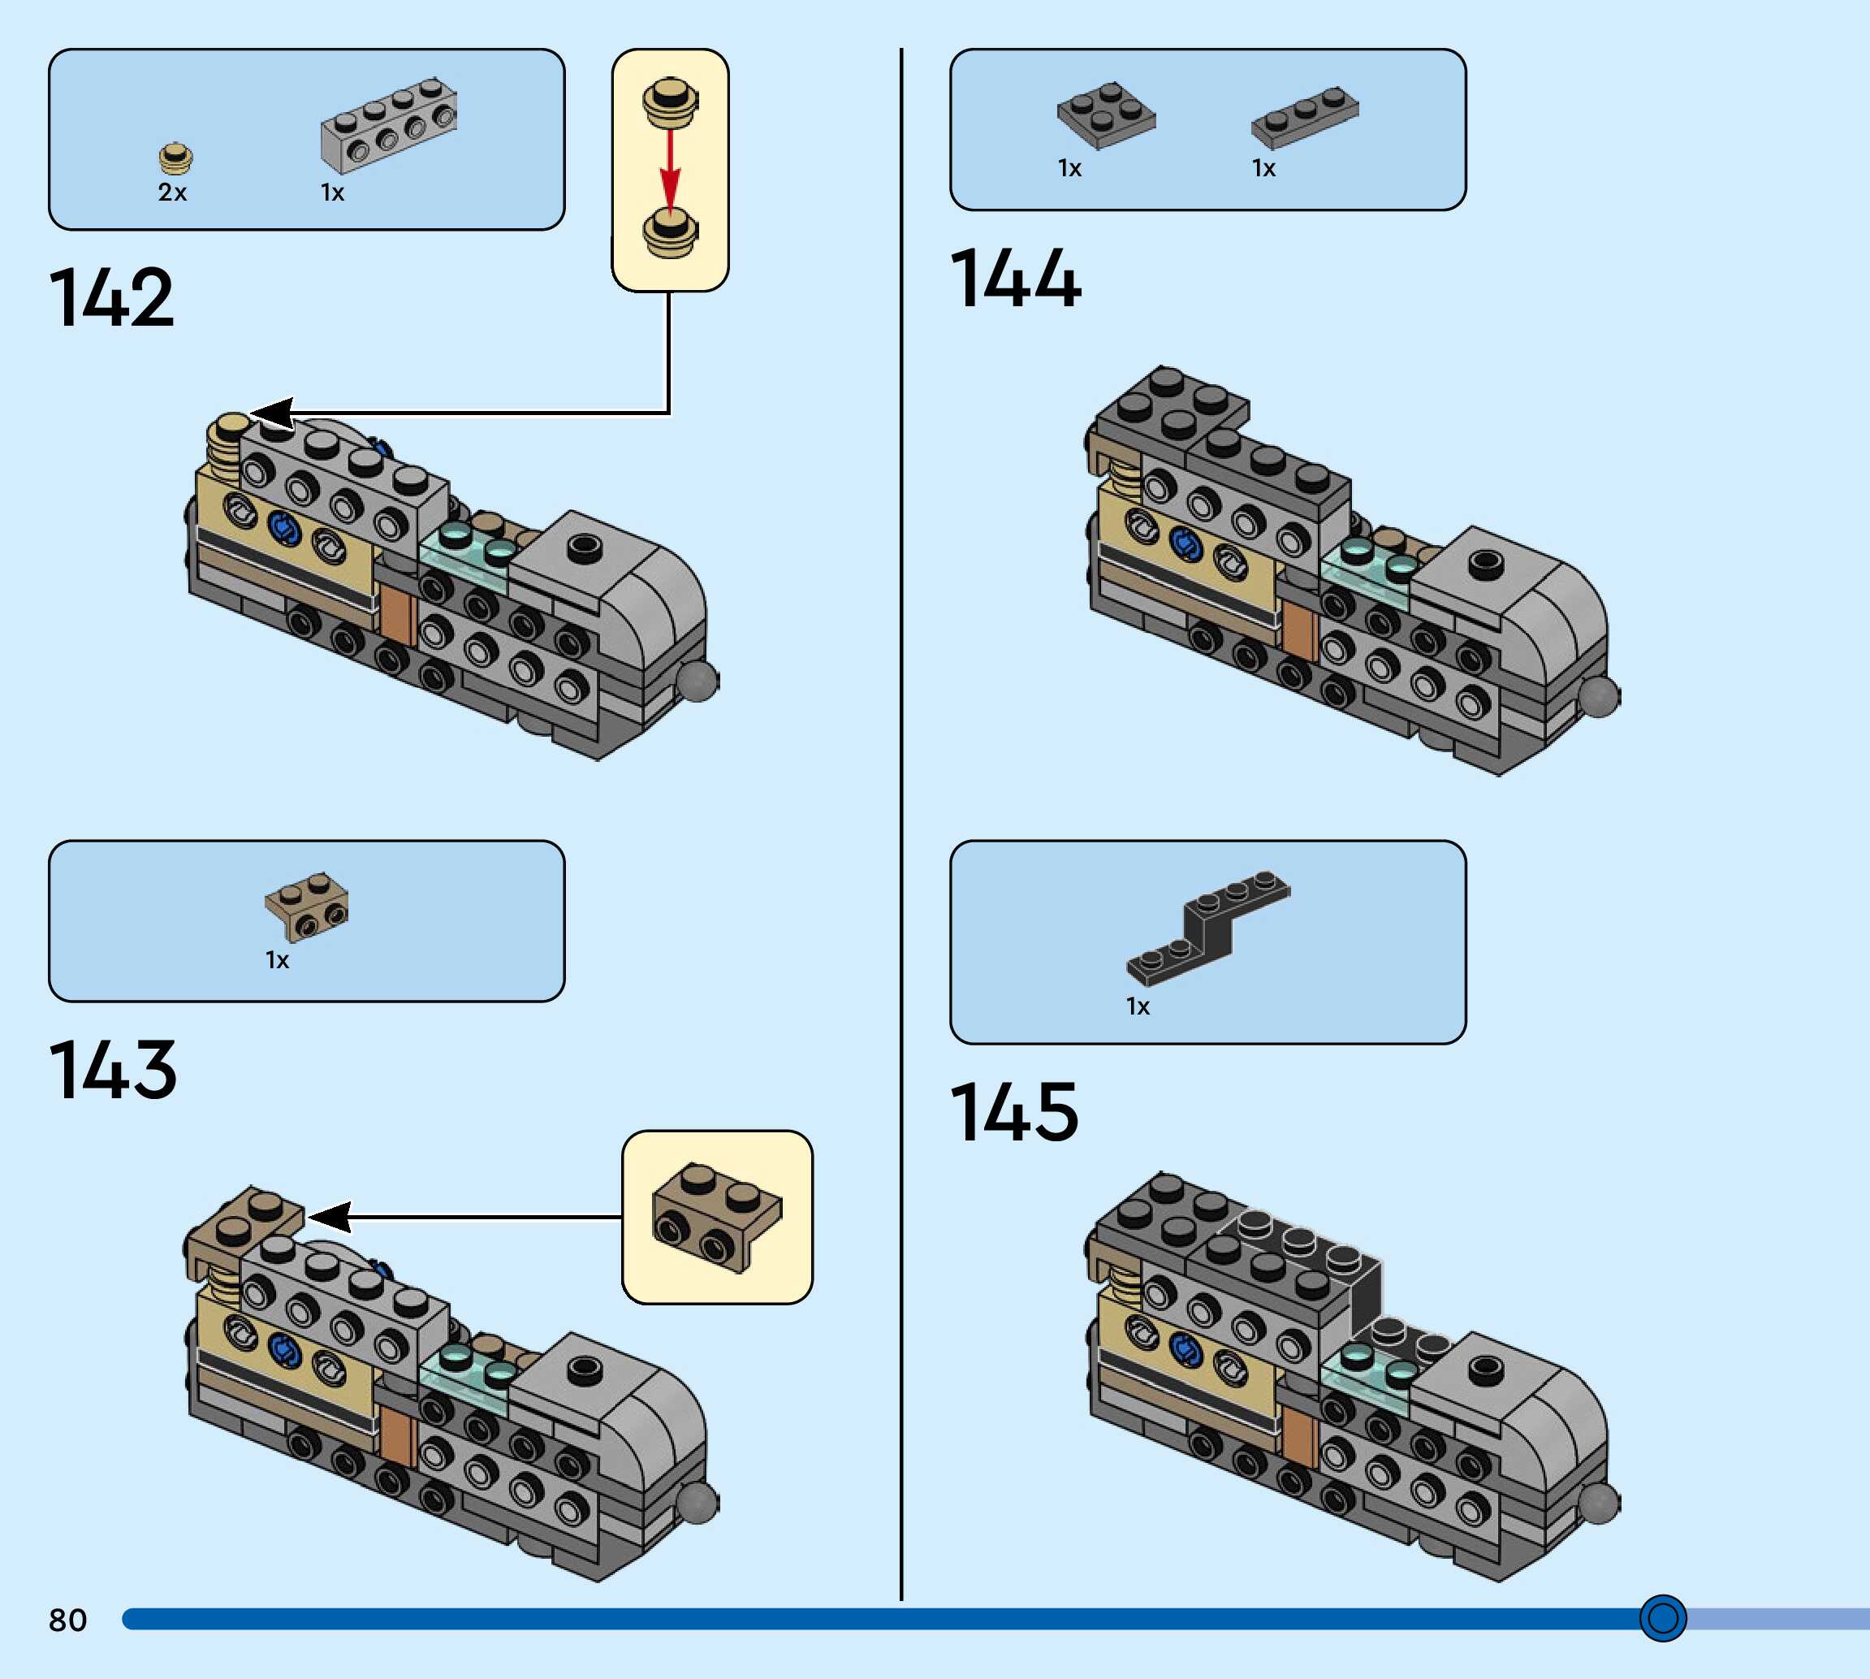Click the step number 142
(x=110, y=298)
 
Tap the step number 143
(x=113, y=1070)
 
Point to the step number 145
(x=1013, y=1113)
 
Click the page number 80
(x=67, y=1620)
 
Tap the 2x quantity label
(x=172, y=192)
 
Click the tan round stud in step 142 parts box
(x=175, y=158)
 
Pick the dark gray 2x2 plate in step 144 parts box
(x=1106, y=115)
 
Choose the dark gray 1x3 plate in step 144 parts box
(x=1304, y=116)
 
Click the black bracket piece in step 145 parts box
(x=1208, y=925)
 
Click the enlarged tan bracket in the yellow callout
(x=716, y=1217)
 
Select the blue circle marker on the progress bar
(x=1662, y=1618)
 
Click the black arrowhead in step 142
(x=273, y=414)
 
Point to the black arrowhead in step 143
(x=330, y=1217)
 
